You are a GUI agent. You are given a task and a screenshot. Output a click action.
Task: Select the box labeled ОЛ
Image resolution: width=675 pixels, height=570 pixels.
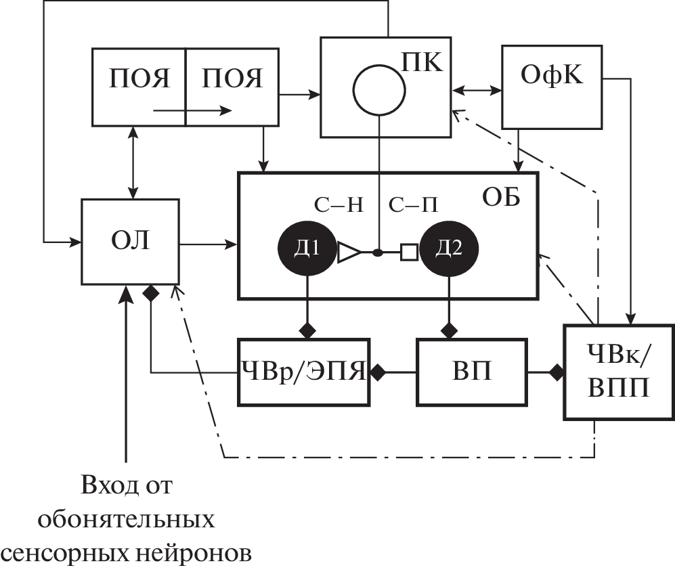click(x=130, y=241)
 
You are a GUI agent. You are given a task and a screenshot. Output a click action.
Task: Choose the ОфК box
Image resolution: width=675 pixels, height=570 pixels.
click(x=552, y=86)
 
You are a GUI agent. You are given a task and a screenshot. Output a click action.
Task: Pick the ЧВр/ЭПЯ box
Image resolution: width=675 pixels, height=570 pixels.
click(x=304, y=372)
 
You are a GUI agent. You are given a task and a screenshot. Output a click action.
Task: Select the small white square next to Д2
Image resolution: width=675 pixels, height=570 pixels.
click(x=408, y=253)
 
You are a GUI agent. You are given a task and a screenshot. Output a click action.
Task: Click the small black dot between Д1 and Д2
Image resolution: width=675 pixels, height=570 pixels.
click(x=378, y=253)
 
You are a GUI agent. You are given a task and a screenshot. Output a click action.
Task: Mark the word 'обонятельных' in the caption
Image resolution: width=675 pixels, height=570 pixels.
click(x=127, y=519)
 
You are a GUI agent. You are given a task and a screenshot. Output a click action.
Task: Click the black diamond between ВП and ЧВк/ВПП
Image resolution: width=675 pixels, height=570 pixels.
click(x=557, y=371)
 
